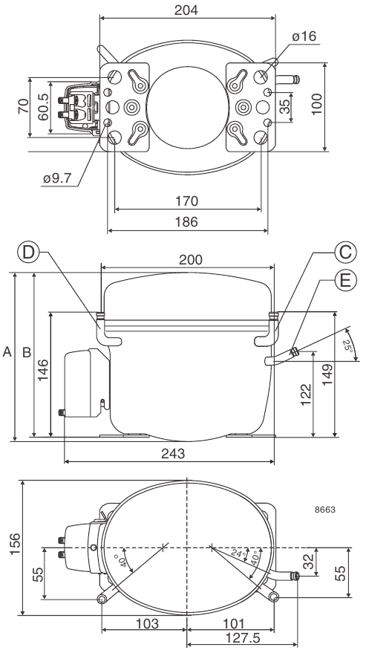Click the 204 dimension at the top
click(186, 10)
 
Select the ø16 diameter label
click(304, 36)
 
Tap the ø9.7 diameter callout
click(57, 178)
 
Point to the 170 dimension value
click(186, 201)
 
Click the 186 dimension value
click(186, 221)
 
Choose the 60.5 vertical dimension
click(43, 107)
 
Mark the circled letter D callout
click(28, 253)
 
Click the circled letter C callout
click(346, 252)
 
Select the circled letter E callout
click(346, 280)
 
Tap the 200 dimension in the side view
click(191, 260)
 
